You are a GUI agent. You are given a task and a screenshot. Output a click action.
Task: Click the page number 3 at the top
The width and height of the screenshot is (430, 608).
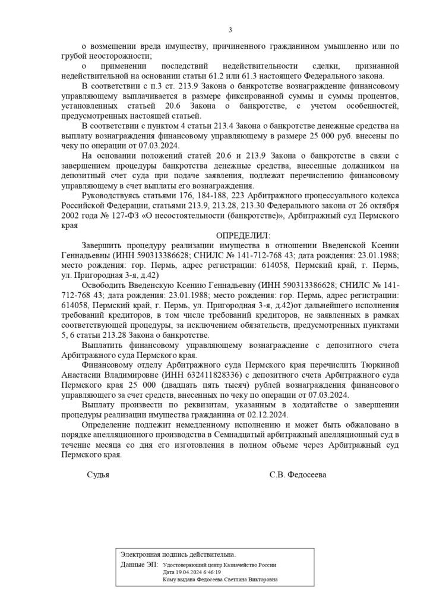click(230, 31)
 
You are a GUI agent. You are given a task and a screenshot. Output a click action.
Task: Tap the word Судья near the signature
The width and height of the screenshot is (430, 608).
click(98, 475)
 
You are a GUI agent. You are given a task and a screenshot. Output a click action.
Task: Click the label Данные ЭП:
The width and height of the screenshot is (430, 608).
click(137, 563)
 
